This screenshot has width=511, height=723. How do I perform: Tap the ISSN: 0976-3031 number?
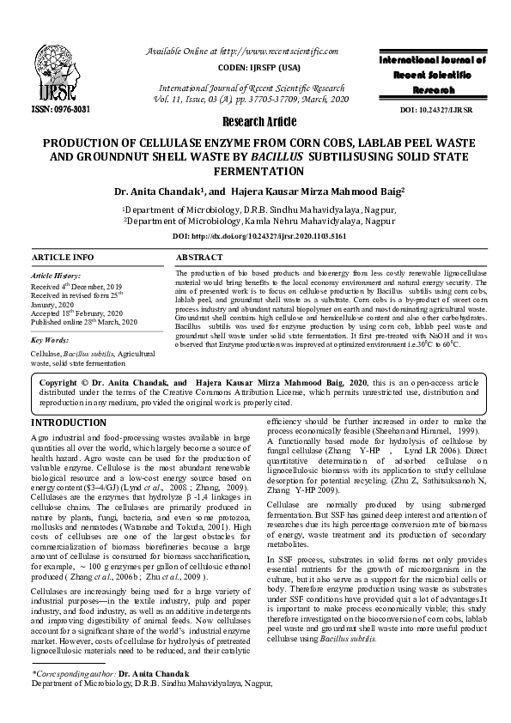[54, 110]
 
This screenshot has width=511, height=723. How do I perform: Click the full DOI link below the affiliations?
[255, 234]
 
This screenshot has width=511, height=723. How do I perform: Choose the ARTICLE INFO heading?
[63, 258]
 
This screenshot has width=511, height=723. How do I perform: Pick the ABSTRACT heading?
[199, 258]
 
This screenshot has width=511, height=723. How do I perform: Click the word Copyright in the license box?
[59, 382]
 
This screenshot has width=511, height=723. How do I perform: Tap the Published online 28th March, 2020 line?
[83, 321]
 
